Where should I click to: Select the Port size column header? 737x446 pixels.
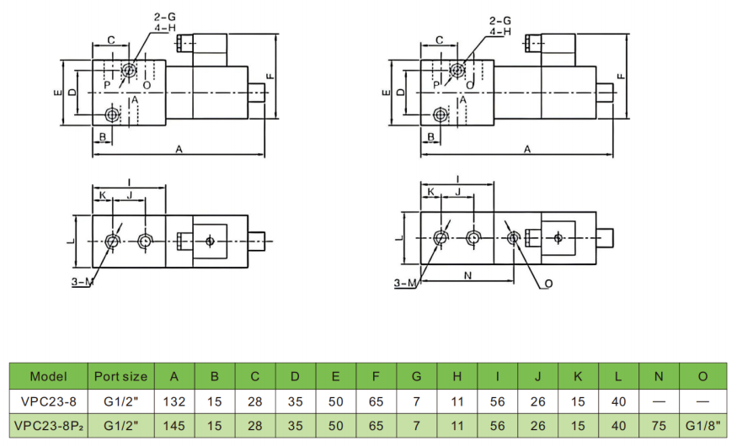pos(120,376)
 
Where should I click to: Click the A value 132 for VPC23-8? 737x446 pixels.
pos(174,401)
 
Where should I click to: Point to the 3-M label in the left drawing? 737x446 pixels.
pos(82,282)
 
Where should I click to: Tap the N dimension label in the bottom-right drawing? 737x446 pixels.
pos(467,274)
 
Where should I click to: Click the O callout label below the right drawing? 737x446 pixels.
pos(548,284)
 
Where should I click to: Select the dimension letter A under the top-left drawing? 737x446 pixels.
pos(179,149)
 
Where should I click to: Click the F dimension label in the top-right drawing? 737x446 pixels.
pos(620,76)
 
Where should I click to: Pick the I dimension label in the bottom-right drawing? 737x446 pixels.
pos(456,178)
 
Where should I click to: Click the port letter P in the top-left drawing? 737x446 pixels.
pos(107,85)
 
